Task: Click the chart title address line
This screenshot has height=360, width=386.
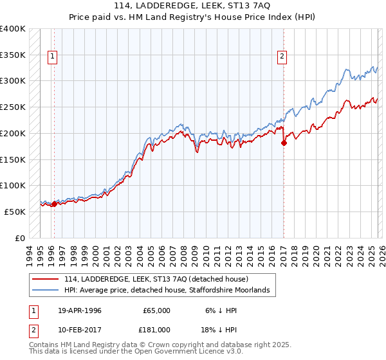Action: [x=192, y=6]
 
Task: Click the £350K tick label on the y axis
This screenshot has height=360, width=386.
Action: [x=13, y=55]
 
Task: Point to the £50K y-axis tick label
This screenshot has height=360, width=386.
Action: [x=15, y=212]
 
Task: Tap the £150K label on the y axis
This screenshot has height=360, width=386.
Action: [x=13, y=159]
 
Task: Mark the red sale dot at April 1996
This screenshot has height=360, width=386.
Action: [x=54, y=204]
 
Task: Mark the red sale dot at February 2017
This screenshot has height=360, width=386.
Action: [x=284, y=143]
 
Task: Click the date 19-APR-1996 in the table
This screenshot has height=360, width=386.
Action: [x=80, y=310]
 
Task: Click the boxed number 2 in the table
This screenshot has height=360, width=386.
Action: [x=33, y=329]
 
